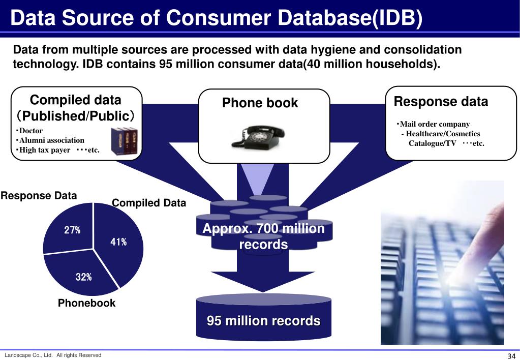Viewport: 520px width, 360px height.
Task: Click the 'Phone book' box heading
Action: click(x=260, y=103)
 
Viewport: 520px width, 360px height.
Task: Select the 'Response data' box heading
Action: click(x=441, y=102)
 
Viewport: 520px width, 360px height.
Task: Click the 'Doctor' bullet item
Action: click(x=30, y=131)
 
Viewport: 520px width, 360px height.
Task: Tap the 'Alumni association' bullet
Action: click(x=51, y=140)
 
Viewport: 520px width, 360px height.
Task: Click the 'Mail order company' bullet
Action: click(x=434, y=124)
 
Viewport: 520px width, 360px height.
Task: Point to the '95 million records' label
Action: click(x=263, y=321)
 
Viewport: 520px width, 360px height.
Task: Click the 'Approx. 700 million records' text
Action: click(x=263, y=236)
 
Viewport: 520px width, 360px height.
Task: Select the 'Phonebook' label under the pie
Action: click(x=86, y=303)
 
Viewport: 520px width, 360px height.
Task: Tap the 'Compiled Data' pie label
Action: click(x=149, y=203)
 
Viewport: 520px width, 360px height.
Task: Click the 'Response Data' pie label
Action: click(x=39, y=196)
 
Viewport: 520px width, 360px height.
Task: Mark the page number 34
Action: click(x=511, y=355)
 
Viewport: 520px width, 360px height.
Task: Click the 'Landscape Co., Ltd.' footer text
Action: click(x=28, y=355)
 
